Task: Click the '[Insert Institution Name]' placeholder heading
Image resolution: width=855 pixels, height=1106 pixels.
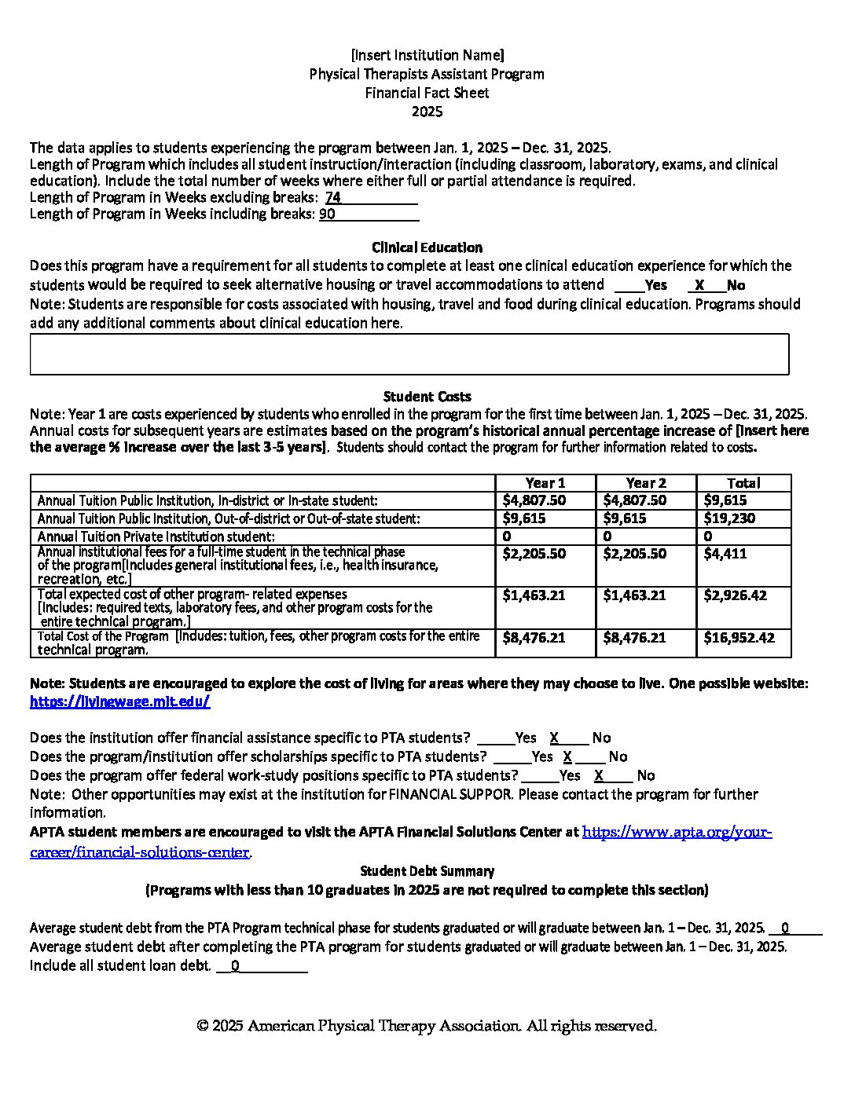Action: [427, 55]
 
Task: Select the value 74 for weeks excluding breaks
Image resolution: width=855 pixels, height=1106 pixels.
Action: [333, 198]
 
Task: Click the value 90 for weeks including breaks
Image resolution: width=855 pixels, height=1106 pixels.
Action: [327, 214]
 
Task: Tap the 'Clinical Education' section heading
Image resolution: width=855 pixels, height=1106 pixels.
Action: [427, 247]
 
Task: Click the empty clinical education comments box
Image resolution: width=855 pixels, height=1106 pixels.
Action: [409, 354]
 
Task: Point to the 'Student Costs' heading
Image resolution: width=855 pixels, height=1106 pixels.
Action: [427, 397]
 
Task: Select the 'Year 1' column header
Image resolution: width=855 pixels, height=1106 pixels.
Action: [545, 483]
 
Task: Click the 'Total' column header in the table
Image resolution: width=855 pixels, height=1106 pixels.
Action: [743, 483]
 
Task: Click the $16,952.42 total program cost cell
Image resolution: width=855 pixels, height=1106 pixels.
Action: [739, 638]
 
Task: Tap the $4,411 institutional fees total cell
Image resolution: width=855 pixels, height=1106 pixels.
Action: [725, 554]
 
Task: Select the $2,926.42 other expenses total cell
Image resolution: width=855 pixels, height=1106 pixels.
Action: [735, 595]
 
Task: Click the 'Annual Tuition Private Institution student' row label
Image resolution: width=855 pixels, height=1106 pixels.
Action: [156, 537]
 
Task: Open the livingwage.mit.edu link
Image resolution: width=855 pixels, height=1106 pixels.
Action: [119, 702]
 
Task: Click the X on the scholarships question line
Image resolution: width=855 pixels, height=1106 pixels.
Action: [567, 756]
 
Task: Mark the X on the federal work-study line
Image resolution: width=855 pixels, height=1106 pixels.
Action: [599, 775]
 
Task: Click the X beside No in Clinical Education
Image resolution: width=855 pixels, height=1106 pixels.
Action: [699, 285]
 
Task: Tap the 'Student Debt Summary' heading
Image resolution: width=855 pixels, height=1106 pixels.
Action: [427, 871]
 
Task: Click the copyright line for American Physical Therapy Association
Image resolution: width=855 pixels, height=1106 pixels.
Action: [427, 1026]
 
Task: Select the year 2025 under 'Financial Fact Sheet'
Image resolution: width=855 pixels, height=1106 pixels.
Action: [427, 112]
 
